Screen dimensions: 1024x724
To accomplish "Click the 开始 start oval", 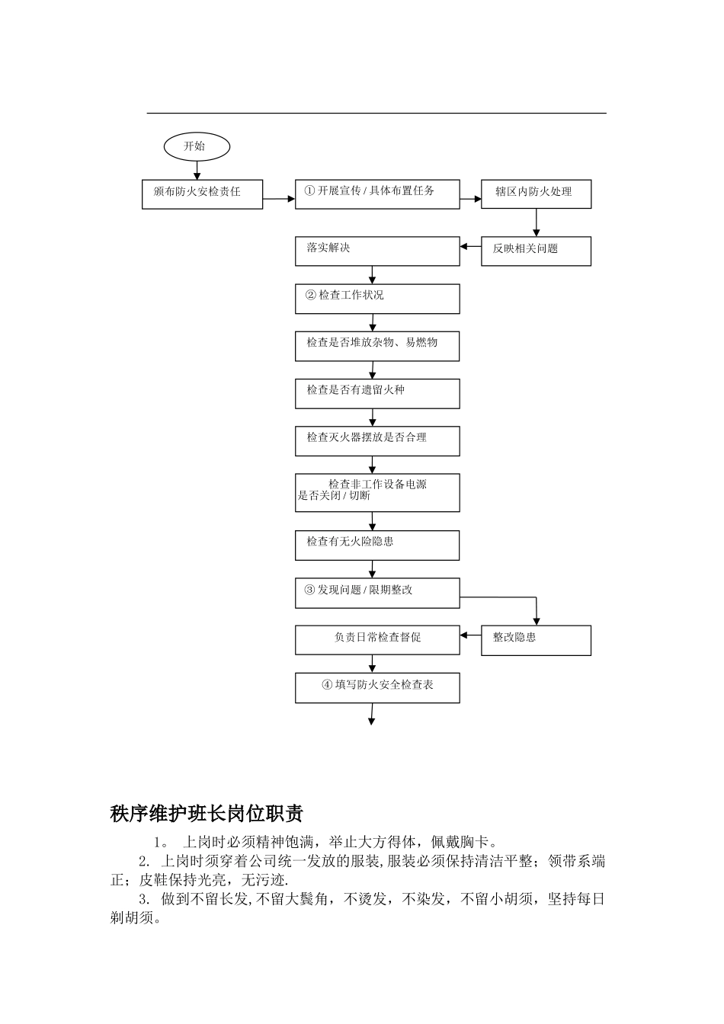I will tap(197, 146).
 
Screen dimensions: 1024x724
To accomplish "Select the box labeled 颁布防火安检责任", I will tap(203, 194).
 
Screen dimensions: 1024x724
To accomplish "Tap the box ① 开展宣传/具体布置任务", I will tap(377, 194).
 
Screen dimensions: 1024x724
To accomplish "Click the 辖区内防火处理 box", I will tap(536, 194).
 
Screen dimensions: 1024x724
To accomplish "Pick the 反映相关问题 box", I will tap(536, 251).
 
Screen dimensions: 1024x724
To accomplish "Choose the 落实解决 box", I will tap(377, 251).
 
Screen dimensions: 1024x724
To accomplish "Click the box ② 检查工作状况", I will tap(377, 298).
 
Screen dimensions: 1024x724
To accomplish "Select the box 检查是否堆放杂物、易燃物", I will tap(377, 345).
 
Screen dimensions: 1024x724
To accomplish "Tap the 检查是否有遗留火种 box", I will tap(377, 393).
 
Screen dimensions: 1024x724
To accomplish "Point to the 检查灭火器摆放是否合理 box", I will tap(377, 440).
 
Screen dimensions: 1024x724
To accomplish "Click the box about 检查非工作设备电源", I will tap(377, 492).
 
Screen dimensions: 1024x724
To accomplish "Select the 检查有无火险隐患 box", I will tap(377, 545).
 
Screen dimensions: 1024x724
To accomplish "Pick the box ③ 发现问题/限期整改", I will tap(377, 593).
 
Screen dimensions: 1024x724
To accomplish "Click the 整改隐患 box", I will tap(536, 640).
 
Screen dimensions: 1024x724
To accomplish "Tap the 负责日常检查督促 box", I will tap(377, 640).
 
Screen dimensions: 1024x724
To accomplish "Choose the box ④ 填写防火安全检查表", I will tap(377, 687).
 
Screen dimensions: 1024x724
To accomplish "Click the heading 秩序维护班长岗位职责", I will tap(207, 813).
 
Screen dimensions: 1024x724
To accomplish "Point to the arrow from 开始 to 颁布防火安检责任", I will tap(197, 171).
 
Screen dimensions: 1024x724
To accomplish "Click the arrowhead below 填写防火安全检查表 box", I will tap(372, 720).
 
